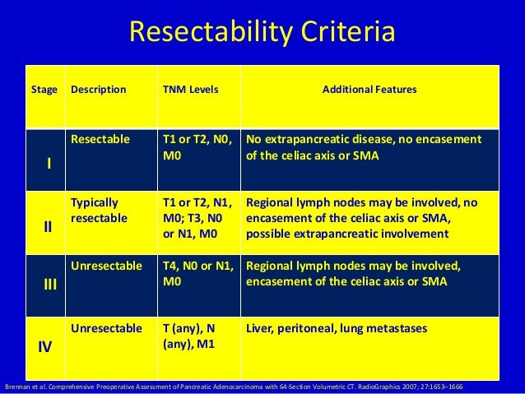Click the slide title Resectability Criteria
click(262, 33)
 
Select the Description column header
click(99, 89)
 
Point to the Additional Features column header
click(368, 89)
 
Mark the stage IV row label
click(48, 347)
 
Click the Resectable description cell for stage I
click(100, 139)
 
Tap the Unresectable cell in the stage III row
click(106, 267)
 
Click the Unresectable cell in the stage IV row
click(106, 329)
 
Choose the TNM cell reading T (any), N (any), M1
click(191, 336)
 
